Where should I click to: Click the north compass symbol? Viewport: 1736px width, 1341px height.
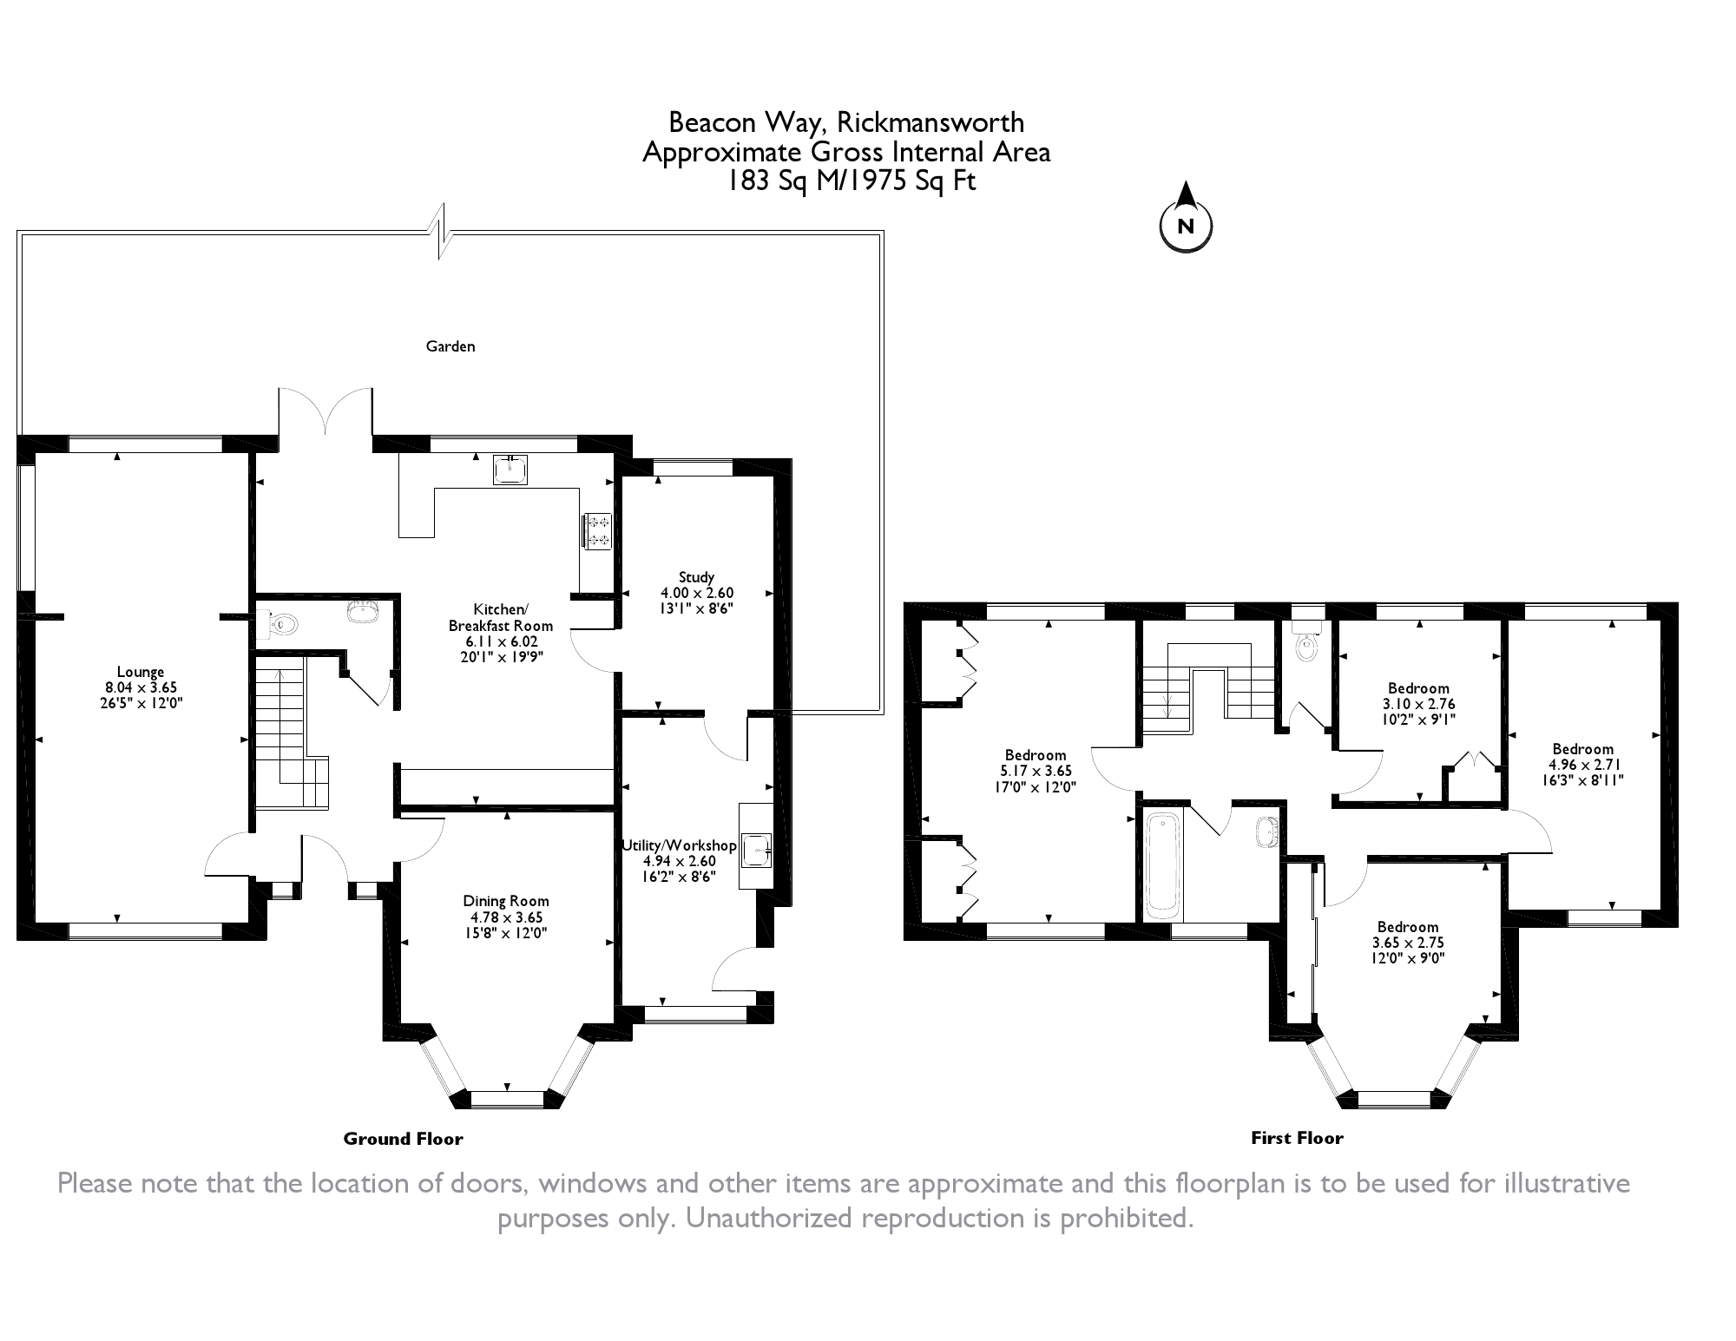click(1186, 226)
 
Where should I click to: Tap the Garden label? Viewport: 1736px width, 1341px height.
click(450, 346)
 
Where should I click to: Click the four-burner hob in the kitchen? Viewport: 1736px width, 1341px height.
click(598, 531)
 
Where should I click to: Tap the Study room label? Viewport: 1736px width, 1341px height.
click(696, 577)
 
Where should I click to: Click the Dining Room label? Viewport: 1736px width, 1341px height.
click(505, 901)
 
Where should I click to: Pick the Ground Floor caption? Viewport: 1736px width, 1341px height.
click(403, 1139)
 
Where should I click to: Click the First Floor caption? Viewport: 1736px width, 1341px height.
click(1297, 1138)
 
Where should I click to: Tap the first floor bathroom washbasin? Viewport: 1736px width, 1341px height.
click(1267, 831)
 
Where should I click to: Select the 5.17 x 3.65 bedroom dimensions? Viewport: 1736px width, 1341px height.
click(1036, 771)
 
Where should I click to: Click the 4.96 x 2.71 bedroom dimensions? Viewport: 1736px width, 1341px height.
click(1583, 765)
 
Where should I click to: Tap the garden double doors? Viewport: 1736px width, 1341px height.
click(325, 412)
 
